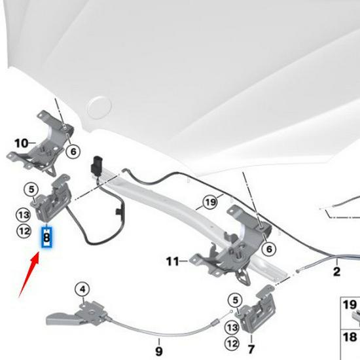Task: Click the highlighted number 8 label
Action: pyautogui.click(x=46, y=238)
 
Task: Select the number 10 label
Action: pyautogui.click(x=21, y=143)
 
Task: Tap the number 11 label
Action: pyautogui.click(x=172, y=262)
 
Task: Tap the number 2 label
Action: pyautogui.click(x=336, y=270)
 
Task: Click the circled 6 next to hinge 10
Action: pyautogui.click(x=73, y=151)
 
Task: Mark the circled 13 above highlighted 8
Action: pyautogui.click(x=23, y=215)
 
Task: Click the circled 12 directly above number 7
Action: pyautogui.click(x=232, y=342)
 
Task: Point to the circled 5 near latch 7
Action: pyautogui.click(x=232, y=300)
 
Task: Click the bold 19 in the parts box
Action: pyautogui.click(x=350, y=304)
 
